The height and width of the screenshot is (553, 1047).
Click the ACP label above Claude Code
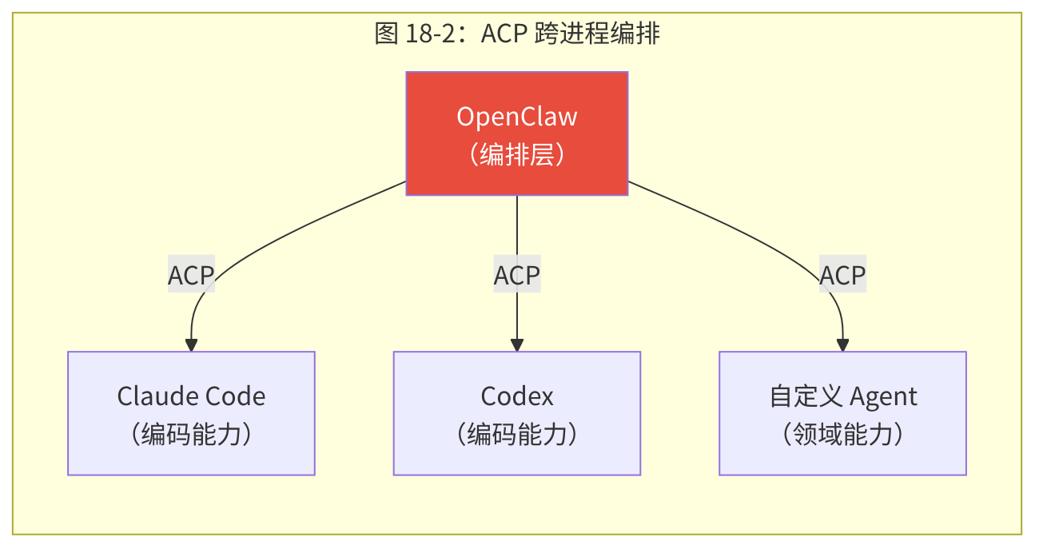click(x=191, y=276)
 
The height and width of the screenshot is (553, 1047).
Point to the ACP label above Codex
click(x=517, y=276)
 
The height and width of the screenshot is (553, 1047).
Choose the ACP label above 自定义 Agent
click(x=843, y=276)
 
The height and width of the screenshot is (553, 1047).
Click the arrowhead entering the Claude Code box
click(x=191, y=346)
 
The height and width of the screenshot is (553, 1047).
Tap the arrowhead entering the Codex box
click(x=517, y=346)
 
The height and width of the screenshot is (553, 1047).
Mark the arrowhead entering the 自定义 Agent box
click(x=842, y=346)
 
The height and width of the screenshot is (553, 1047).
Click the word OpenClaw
click(x=517, y=117)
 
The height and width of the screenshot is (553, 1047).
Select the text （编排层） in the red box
click(x=517, y=154)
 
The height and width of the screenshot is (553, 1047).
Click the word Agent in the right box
click(x=883, y=396)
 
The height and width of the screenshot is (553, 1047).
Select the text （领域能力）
click(x=842, y=434)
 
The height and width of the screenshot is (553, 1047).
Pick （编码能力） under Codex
click(x=517, y=434)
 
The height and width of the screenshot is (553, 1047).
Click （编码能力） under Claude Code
click(x=191, y=434)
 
